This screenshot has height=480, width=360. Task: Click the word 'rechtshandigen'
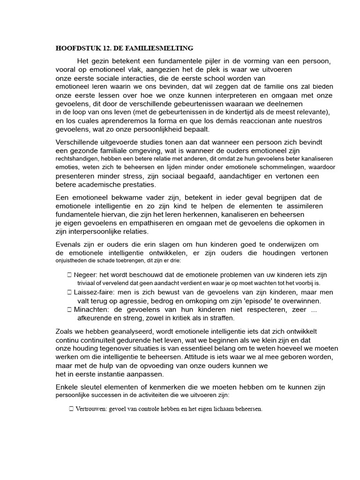click(x=77, y=159)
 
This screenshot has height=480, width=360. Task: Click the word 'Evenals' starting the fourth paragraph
click(x=68, y=244)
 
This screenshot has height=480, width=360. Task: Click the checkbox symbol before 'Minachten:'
click(x=69, y=309)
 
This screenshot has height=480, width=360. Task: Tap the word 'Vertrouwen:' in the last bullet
click(x=90, y=409)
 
